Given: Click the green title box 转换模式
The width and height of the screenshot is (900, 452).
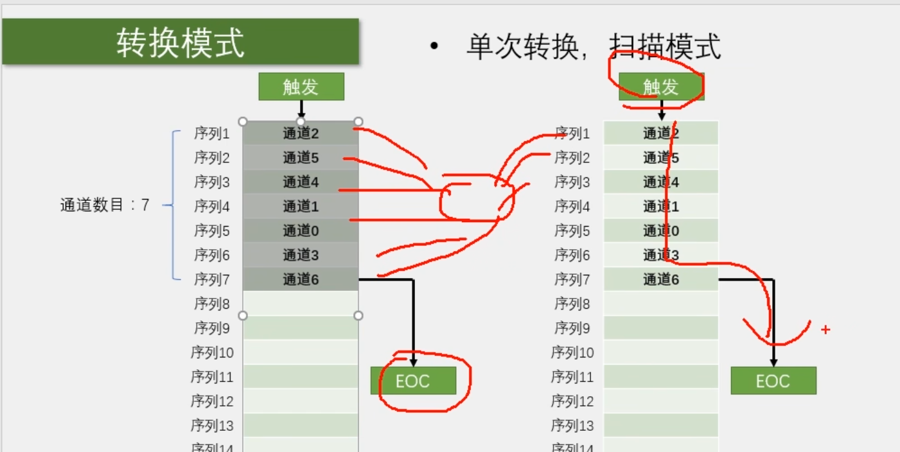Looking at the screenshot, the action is coord(181,42).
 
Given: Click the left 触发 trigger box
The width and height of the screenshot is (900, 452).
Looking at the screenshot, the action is coord(301,87).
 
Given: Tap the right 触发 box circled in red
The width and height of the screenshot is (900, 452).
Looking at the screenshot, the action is coord(661,87).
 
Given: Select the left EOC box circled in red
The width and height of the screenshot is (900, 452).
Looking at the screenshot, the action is coord(413,381).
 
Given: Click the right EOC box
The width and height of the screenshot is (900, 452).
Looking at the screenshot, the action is coord(773,381).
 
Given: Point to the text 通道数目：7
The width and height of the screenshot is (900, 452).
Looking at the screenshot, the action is coord(105,205).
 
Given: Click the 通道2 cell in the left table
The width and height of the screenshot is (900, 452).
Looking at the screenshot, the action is coord(301,134).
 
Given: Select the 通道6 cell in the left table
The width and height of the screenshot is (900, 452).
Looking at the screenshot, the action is coord(301,279).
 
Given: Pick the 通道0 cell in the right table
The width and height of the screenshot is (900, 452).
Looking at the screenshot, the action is coord(661,230).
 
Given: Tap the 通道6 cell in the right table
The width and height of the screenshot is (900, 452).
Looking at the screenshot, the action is coord(661,279).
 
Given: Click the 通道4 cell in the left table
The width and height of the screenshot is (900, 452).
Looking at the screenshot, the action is coord(301,182).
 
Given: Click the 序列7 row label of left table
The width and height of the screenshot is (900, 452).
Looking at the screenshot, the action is coord(212,279).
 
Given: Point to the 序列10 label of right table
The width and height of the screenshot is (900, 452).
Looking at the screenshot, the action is coord(572,352).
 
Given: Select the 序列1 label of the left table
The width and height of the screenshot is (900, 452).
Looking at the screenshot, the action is coord(212,134).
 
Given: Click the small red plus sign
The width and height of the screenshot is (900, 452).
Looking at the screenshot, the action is coord(825,330).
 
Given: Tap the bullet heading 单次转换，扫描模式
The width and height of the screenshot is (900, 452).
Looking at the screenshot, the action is coord(593,47).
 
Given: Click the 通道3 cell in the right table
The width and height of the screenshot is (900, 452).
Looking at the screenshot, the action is coord(661,255).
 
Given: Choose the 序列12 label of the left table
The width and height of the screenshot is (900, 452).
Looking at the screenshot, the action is coord(212,401).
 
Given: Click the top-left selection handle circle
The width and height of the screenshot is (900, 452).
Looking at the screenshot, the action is coord(243,121).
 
